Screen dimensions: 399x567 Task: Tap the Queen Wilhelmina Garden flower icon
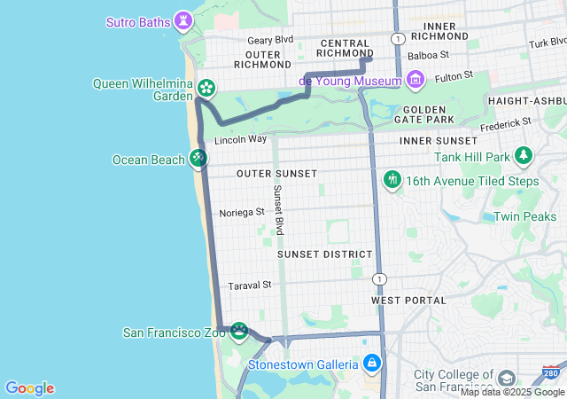click(206, 88)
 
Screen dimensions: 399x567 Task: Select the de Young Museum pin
click(415, 81)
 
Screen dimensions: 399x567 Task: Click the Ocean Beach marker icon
click(198, 159)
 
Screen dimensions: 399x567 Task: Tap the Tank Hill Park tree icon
click(524, 157)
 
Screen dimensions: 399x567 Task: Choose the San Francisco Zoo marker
click(238, 332)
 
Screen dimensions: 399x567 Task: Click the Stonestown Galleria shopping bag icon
click(372, 364)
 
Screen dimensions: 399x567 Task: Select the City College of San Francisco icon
click(506, 379)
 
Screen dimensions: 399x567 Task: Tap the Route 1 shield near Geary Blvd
click(400, 39)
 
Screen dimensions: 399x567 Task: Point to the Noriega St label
click(242, 212)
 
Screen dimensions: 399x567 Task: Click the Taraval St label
click(249, 285)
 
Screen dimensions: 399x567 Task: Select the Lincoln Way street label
click(240, 139)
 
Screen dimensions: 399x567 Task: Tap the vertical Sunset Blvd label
click(278, 209)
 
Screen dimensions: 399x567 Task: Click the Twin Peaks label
click(524, 216)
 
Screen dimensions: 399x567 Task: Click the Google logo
click(29, 388)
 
